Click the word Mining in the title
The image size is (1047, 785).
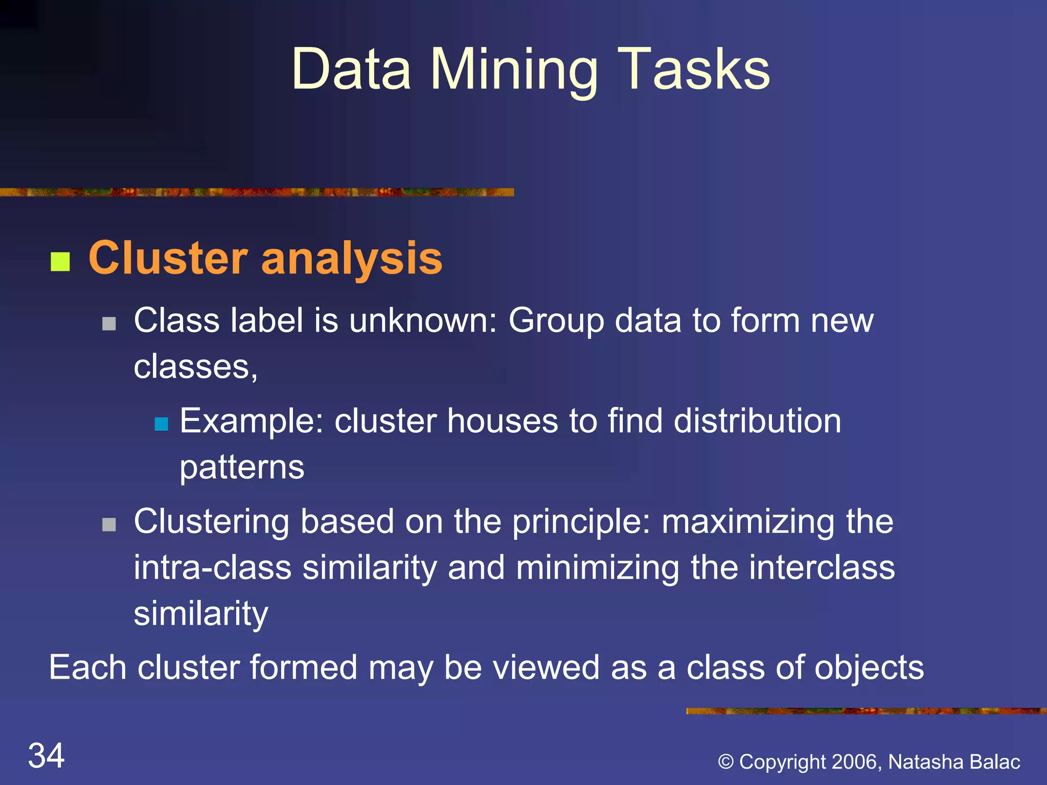point(514,71)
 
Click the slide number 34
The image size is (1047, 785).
point(46,755)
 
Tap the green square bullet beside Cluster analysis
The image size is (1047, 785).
point(60,262)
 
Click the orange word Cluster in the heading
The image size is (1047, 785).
point(168,259)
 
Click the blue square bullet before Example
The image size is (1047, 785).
point(162,424)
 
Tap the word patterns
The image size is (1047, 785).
point(242,468)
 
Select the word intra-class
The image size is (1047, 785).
point(212,568)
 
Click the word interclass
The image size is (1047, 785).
point(822,568)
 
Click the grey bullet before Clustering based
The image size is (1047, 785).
point(109,525)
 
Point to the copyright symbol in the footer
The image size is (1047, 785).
point(726,762)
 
